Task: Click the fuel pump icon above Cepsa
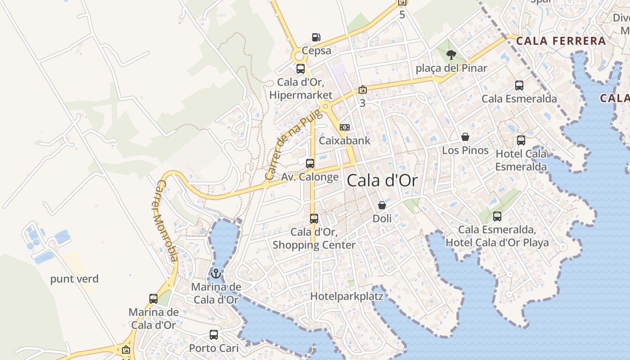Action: pos(316,37)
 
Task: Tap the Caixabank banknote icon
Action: pos(345,127)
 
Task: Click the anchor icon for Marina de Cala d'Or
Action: pos(216,273)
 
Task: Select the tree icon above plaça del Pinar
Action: pos(451,55)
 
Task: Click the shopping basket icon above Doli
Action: pos(382,205)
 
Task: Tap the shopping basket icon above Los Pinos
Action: pos(465,137)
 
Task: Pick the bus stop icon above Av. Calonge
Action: pos(310,163)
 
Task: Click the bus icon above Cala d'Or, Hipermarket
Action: pos(301,69)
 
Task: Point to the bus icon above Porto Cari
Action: pos(214,335)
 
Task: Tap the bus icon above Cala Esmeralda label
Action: pos(519,85)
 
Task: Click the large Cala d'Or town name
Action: pos(382,181)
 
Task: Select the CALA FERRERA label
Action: pos(561,41)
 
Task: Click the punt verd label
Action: pos(74,279)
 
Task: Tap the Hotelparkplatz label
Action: pos(347,297)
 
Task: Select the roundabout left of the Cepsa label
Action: pos(298,57)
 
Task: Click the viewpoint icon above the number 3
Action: pos(362,90)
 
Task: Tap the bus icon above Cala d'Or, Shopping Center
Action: pos(314,219)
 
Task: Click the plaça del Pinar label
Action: pos(451,68)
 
